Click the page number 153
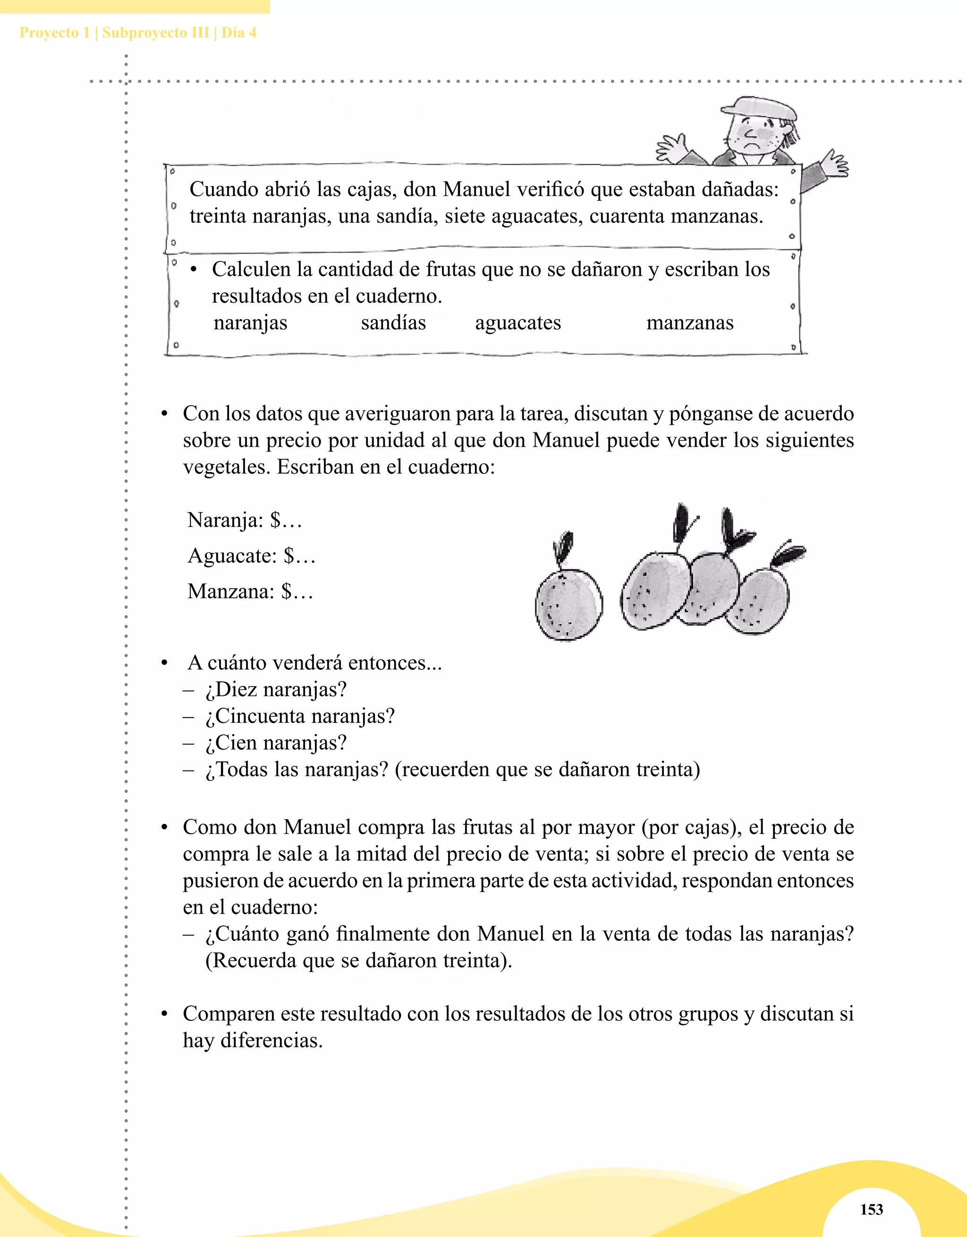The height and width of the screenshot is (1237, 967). point(871,1209)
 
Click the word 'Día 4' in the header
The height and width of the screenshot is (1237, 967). point(238,33)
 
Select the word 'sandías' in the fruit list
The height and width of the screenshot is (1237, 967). point(393,322)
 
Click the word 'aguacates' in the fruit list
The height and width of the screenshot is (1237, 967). point(518,322)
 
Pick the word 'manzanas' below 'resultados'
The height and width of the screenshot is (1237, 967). point(689,322)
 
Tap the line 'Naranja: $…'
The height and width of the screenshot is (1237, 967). point(244,520)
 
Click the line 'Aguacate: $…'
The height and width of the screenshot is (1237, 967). point(251,556)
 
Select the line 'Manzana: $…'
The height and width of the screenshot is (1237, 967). point(250,591)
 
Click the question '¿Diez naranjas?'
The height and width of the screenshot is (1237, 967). point(276,689)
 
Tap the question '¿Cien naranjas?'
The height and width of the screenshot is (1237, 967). point(276,743)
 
